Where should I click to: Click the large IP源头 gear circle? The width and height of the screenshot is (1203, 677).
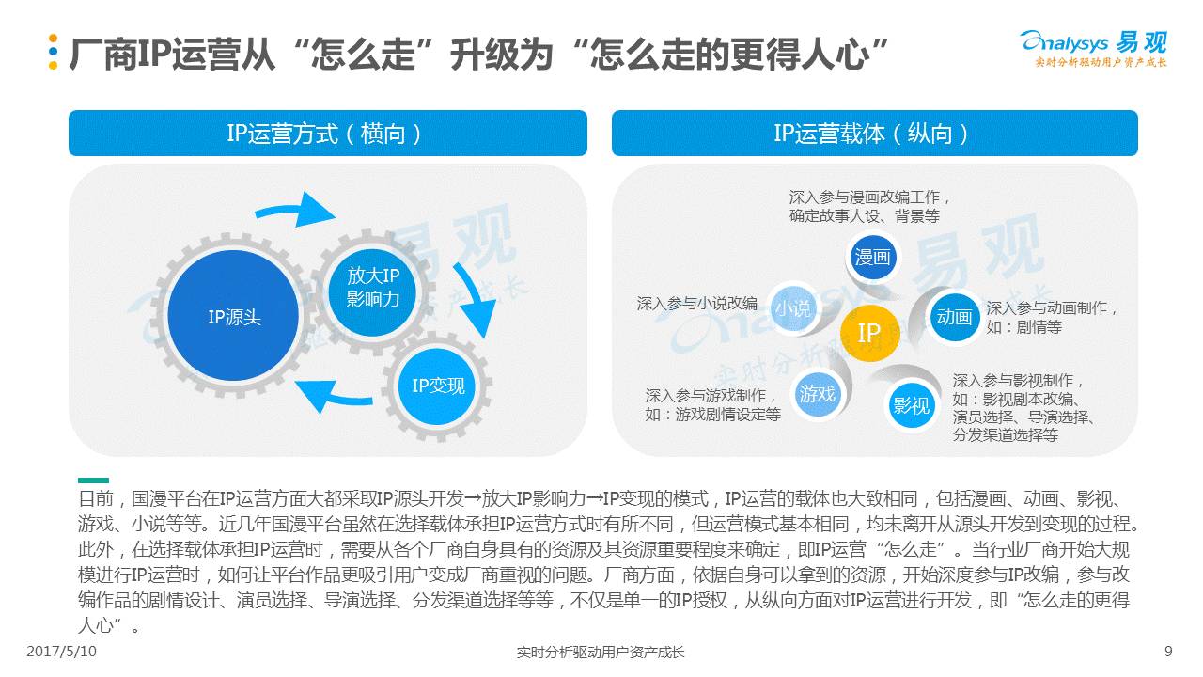coord(234,317)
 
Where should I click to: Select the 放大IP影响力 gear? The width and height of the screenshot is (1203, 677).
coord(373,287)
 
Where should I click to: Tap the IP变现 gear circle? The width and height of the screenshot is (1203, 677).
coord(438,386)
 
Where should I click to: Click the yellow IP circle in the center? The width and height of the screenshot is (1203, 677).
coord(869,333)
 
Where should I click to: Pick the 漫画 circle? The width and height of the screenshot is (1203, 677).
coord(872,257)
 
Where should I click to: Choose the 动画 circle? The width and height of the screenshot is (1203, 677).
coord(954,317)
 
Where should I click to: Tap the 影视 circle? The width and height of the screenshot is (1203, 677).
coord(911,405)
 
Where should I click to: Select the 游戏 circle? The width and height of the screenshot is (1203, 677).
coord(818,393)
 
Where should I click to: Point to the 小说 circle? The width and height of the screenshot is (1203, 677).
coord(792,307)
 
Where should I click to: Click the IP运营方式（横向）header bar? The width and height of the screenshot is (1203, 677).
coord(327,134)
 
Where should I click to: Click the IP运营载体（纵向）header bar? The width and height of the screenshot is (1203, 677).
coord(874,134)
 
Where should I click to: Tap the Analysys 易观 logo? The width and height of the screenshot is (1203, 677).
coord(1093,48)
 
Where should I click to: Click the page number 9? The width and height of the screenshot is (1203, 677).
coord(1168,652)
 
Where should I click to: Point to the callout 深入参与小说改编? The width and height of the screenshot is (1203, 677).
coord(696,304)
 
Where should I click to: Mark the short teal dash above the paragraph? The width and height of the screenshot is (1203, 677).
coord(93,480)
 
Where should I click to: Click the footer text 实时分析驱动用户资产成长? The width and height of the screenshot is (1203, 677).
coord(601,652)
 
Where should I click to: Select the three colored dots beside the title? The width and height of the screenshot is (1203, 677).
coord(54,53)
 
